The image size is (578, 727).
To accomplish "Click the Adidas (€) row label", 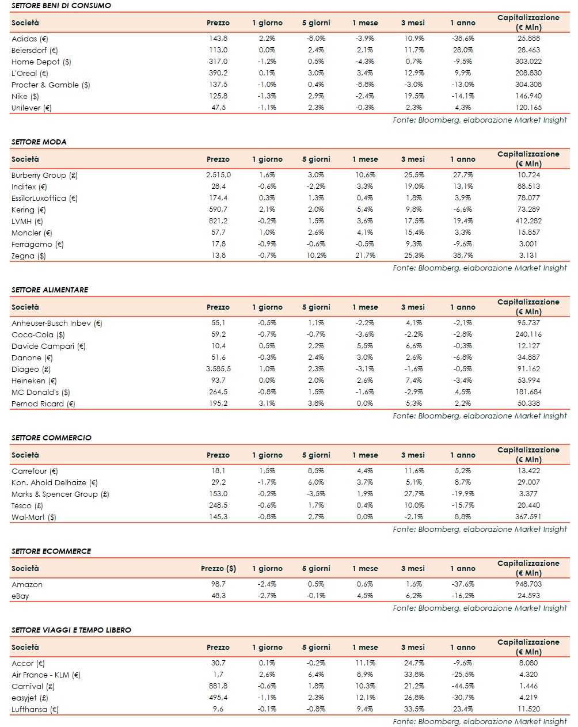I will coord(30,39).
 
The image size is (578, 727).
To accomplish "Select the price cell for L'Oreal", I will coord(218,73).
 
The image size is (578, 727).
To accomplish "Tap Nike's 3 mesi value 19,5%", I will coord(414,96).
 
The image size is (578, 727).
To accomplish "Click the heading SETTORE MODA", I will coord(39,142).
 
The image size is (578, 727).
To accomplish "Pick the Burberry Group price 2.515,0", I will coord(218,175).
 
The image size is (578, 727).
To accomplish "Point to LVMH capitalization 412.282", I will coord(528,221).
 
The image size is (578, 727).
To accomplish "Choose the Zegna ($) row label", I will coord(29,256).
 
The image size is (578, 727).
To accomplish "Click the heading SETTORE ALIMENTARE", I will coord(50,290).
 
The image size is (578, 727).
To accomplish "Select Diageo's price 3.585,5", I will coord(218,369).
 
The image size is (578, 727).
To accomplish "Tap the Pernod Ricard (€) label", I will coord(43,404).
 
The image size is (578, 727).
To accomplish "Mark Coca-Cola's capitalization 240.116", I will coord(528,334).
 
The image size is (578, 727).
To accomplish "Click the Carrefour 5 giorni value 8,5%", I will coord(316,471).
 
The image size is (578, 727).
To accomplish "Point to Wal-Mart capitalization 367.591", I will coord(528,517).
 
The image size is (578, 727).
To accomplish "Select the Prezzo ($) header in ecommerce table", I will coord(218,568).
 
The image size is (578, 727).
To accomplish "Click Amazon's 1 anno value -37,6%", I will coord(463,584).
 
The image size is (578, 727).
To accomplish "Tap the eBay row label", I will coord(20,596).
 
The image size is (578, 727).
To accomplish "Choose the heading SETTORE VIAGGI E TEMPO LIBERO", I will coord(71,630).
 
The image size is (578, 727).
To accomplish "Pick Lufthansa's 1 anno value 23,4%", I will coord(463,709).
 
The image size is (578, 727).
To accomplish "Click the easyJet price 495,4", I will coord(218,698).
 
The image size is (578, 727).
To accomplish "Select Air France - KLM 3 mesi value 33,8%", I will coord(414,675).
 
